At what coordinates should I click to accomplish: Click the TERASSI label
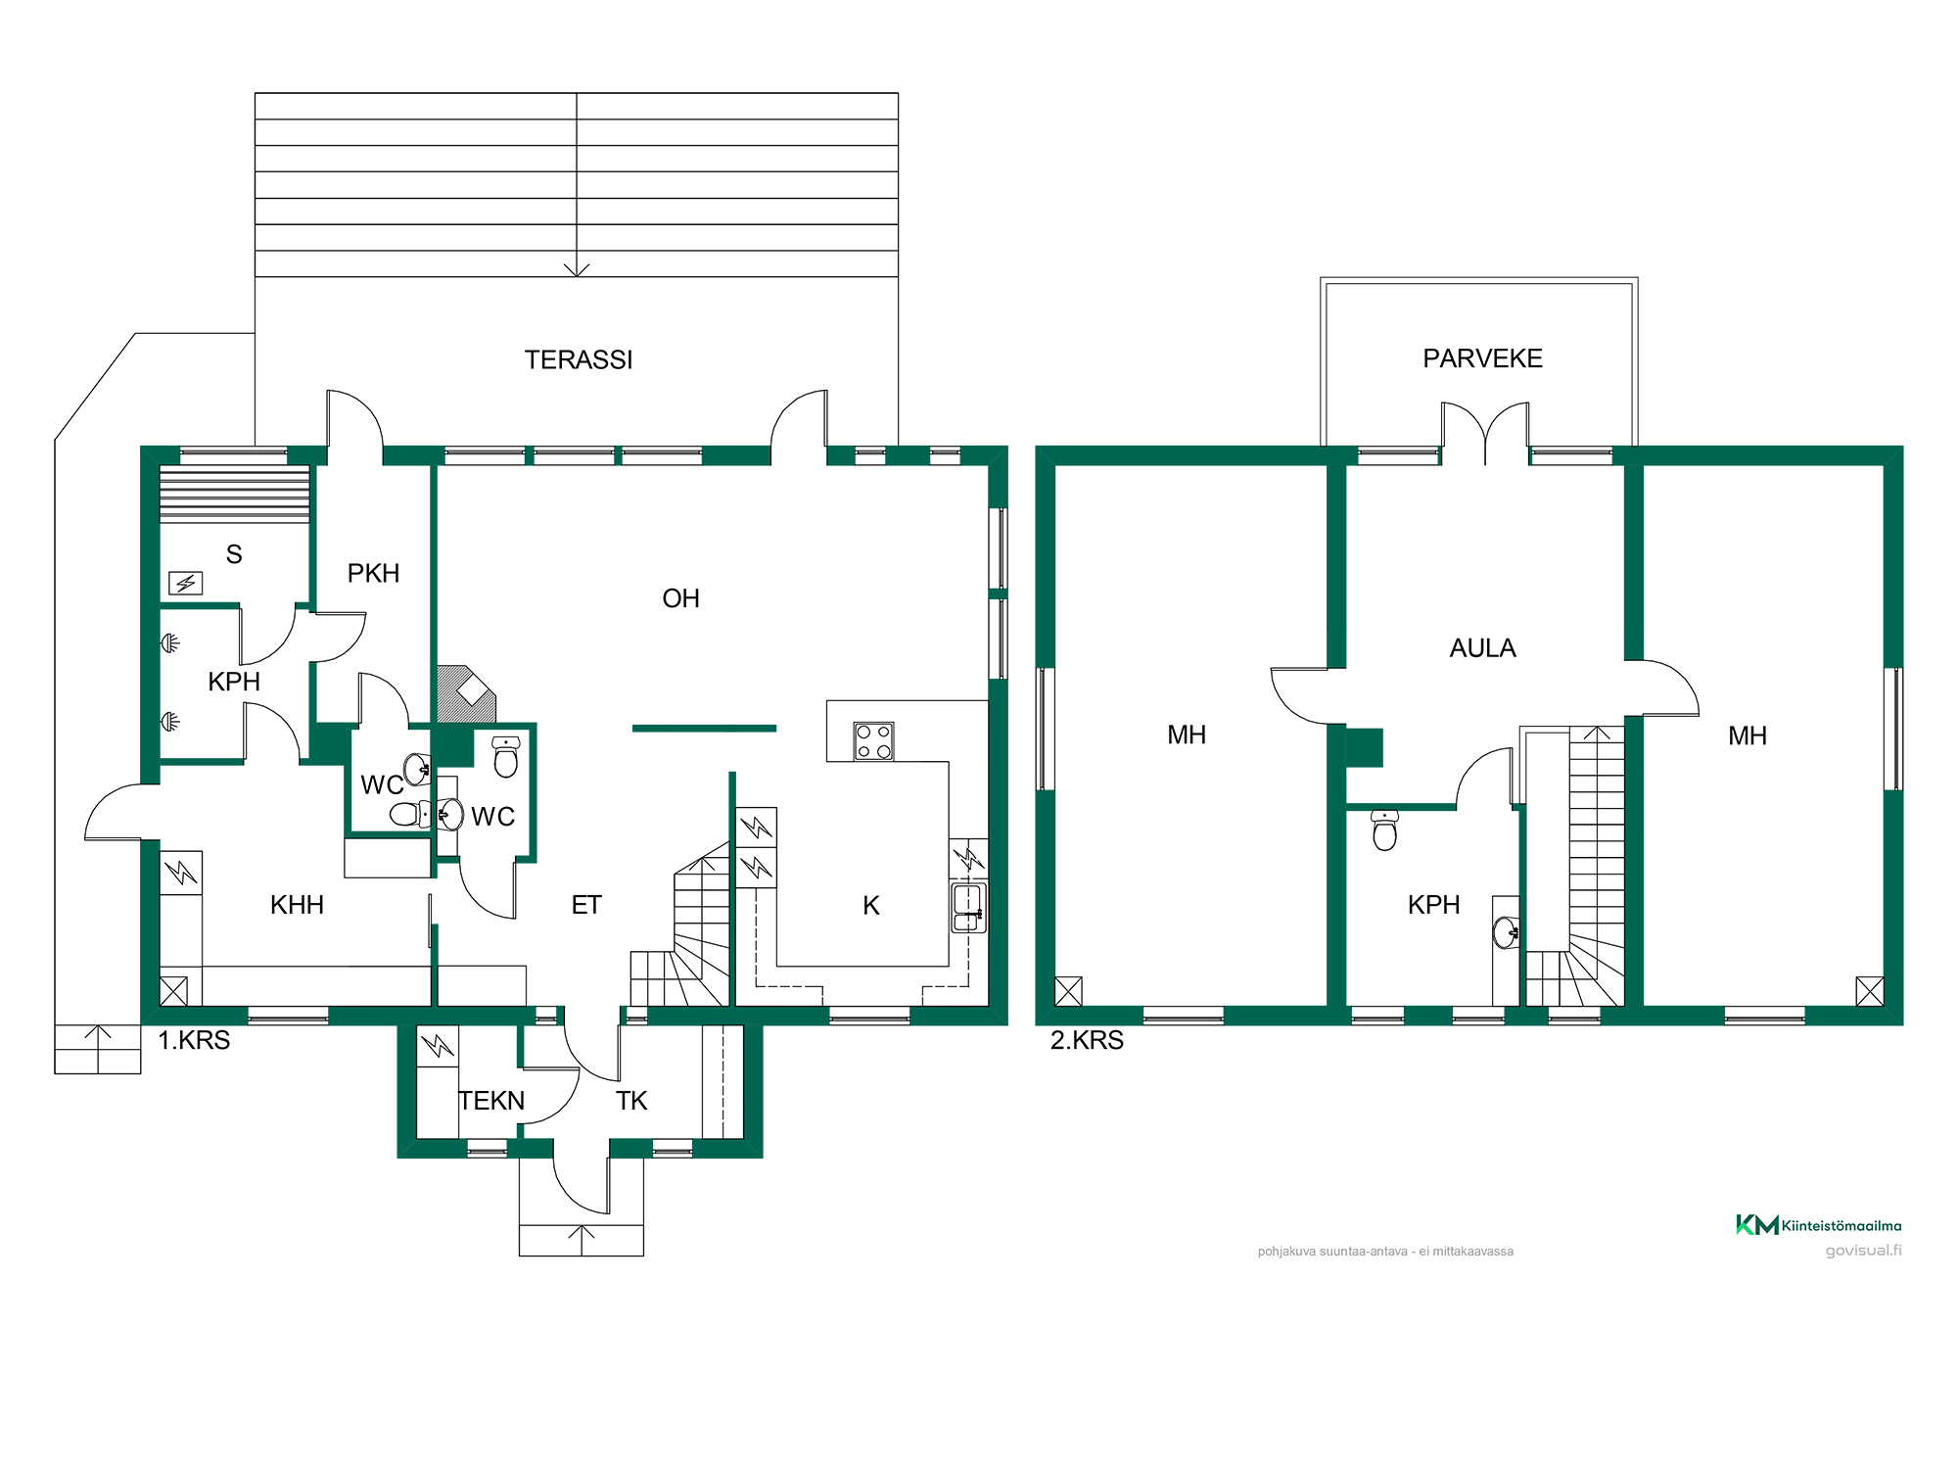579,360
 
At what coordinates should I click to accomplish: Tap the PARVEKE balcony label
1482,358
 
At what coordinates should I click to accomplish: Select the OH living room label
680,598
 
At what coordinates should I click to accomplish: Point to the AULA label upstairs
1482,648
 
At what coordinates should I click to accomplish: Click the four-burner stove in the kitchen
873,741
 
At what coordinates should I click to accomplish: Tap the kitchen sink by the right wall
968,907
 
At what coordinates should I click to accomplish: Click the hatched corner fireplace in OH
466,694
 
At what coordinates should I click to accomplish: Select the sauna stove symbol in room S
185,584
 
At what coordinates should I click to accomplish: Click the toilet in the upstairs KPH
1384,829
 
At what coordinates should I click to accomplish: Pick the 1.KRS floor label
194,1040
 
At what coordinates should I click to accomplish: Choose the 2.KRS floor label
1087,1040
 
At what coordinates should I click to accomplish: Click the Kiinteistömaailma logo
1818,1225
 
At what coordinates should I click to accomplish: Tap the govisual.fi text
1863,1251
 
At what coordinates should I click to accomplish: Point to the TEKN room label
491,1101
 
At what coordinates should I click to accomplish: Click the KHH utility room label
297,905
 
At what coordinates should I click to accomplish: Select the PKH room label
373,573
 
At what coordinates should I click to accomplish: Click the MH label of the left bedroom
1187,734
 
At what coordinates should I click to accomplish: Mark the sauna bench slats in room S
235,494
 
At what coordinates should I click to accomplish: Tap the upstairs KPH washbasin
1507,932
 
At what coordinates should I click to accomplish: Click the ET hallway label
586,905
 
